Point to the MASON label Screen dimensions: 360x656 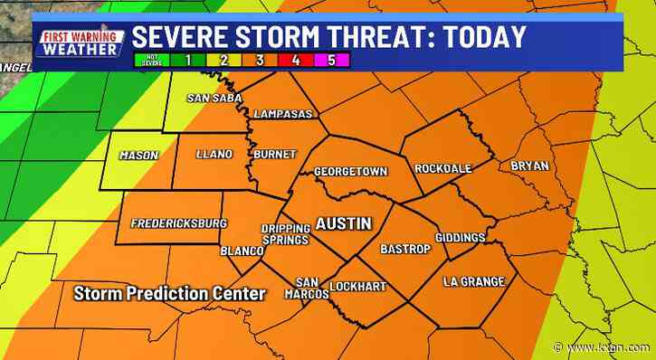click(x=138, y=155)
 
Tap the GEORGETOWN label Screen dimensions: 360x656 click(x=350, y=170)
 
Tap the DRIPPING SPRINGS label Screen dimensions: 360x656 click(x=285, y=234)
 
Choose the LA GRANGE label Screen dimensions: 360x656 click(x=473, y=281)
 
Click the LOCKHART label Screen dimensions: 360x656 click(x=357, y=287)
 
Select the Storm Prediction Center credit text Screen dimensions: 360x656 click(x=170, y=294)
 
